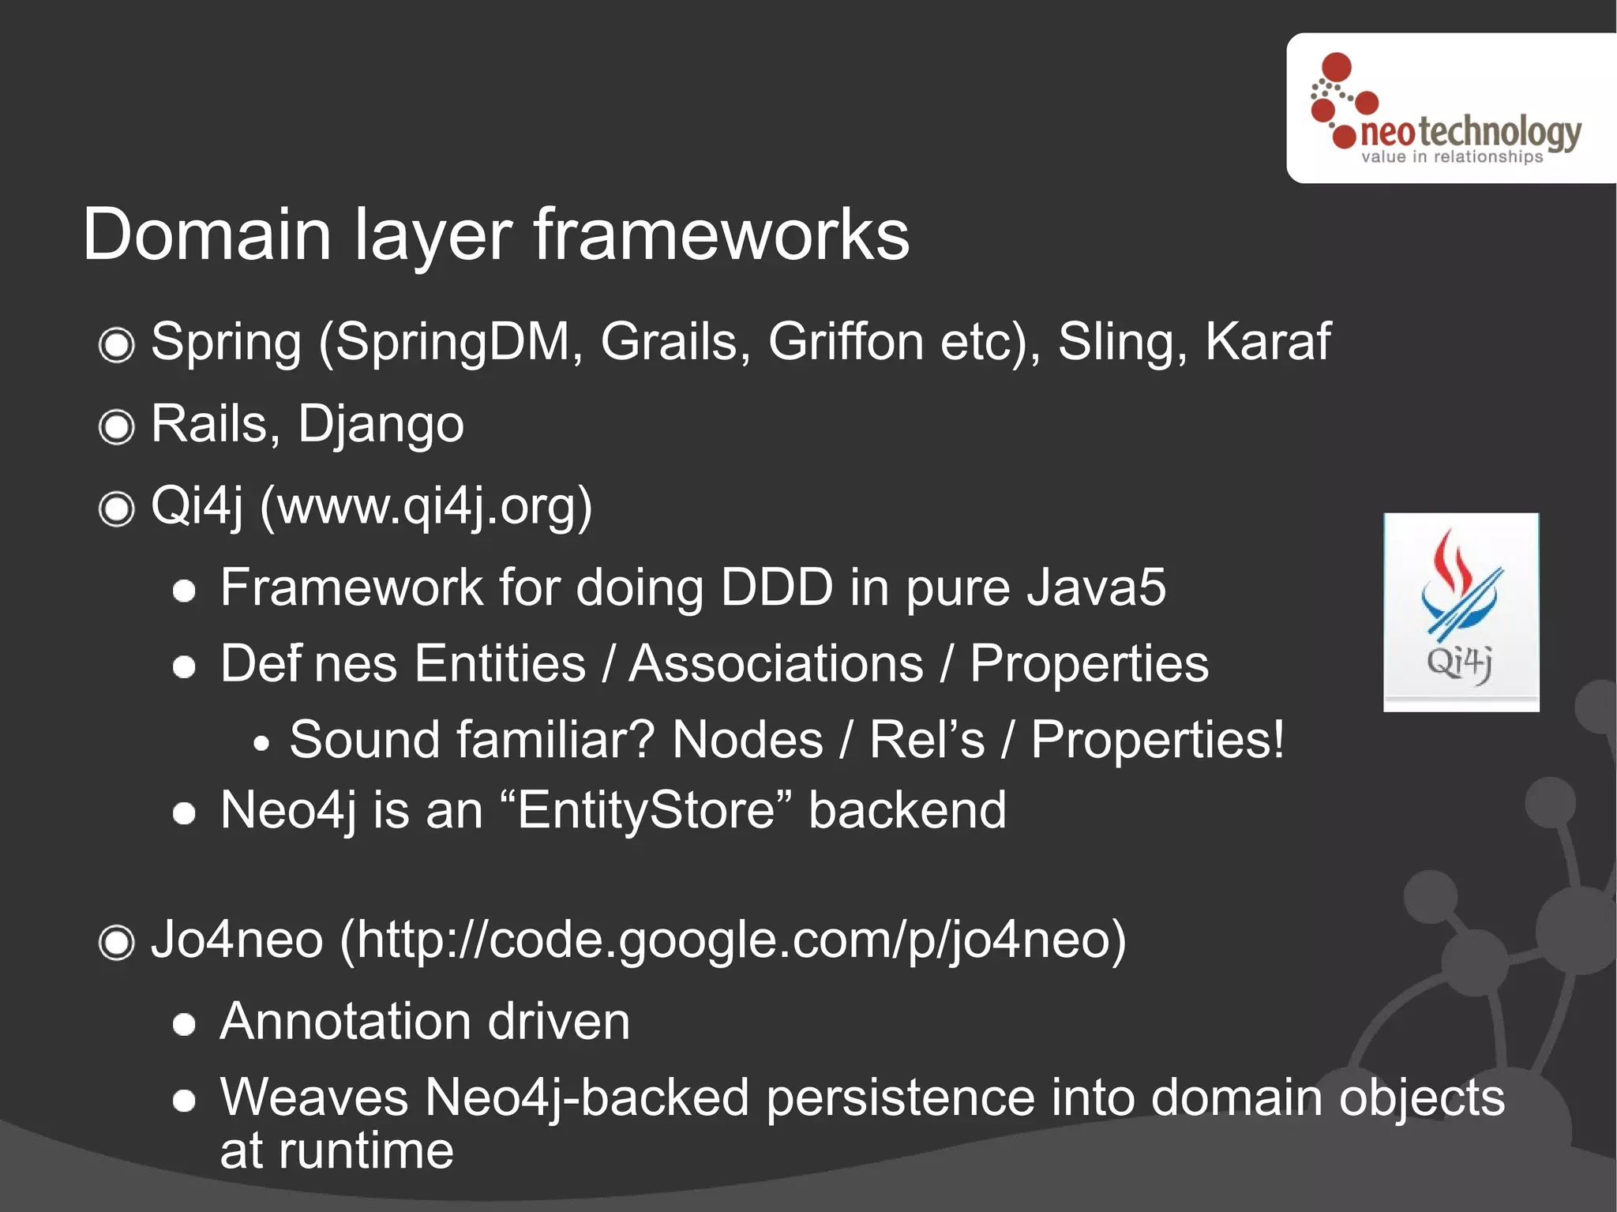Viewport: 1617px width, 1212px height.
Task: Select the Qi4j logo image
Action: [x=1461, y=612]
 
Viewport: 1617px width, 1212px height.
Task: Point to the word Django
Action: [x=381, y=425]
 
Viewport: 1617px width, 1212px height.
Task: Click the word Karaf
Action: [x=1267, y=342]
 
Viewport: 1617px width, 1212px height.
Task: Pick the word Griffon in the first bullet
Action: [x=846, y=342]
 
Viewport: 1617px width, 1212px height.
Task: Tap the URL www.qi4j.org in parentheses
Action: [x=426, y=506]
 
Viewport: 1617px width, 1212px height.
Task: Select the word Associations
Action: [x=776, y=663]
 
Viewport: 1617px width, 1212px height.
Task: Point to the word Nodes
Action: [x=747, y=740]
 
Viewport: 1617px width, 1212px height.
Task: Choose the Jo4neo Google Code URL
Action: [x=732, y=940]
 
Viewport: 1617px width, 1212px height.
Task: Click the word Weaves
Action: [x=313, y=1098]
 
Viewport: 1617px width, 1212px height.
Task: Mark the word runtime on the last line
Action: [x=366, y=1150]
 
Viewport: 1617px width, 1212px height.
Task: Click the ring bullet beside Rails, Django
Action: [x=117, y=427]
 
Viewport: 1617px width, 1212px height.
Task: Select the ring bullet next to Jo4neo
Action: [x=117, y=942]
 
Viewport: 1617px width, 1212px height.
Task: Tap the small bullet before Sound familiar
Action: [x=261, y=743]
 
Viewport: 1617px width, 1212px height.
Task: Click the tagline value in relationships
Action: [x=1451, y=157]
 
